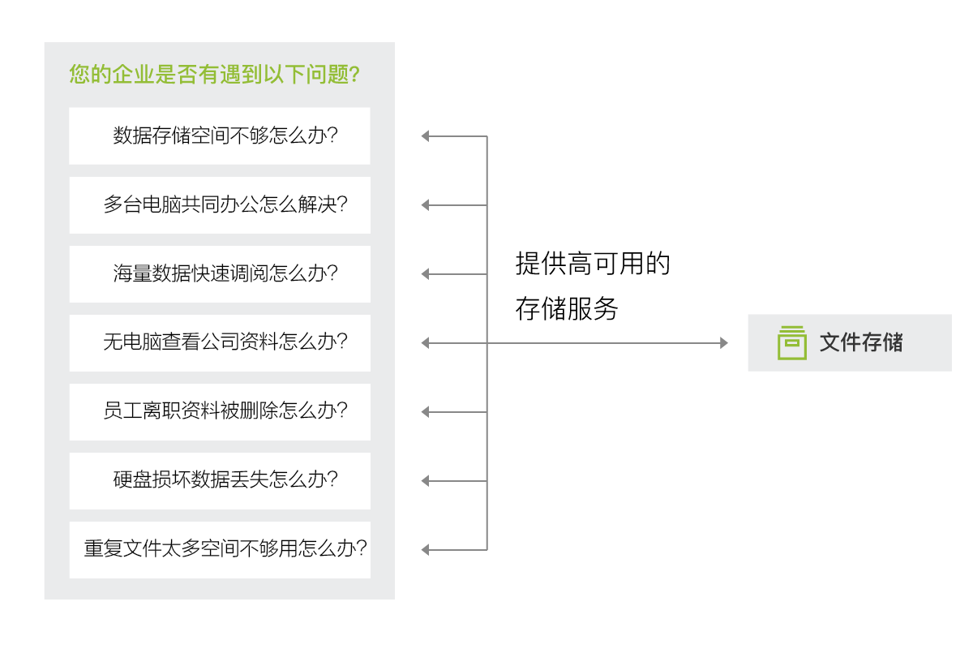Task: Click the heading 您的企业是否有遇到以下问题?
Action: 215,75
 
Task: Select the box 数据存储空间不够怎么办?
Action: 220,135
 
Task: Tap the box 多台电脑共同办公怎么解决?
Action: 220,204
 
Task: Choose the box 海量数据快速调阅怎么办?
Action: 220,273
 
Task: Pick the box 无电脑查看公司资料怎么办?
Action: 220,342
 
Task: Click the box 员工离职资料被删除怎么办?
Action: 220,411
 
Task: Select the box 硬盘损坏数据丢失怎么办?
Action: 220,480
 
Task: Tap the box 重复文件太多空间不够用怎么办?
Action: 220,549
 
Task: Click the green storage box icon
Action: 791,342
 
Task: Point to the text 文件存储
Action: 861,342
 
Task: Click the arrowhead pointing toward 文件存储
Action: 723,343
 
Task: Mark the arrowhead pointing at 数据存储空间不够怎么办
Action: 425,136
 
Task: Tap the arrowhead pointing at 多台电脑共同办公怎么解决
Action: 425,205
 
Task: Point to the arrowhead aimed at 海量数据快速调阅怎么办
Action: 425,274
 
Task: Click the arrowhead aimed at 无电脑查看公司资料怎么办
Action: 425,343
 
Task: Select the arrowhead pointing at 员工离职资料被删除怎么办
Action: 425,412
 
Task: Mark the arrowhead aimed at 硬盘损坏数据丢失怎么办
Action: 425,481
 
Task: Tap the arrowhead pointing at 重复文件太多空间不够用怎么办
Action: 425,550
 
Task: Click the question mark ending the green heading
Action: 354,75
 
